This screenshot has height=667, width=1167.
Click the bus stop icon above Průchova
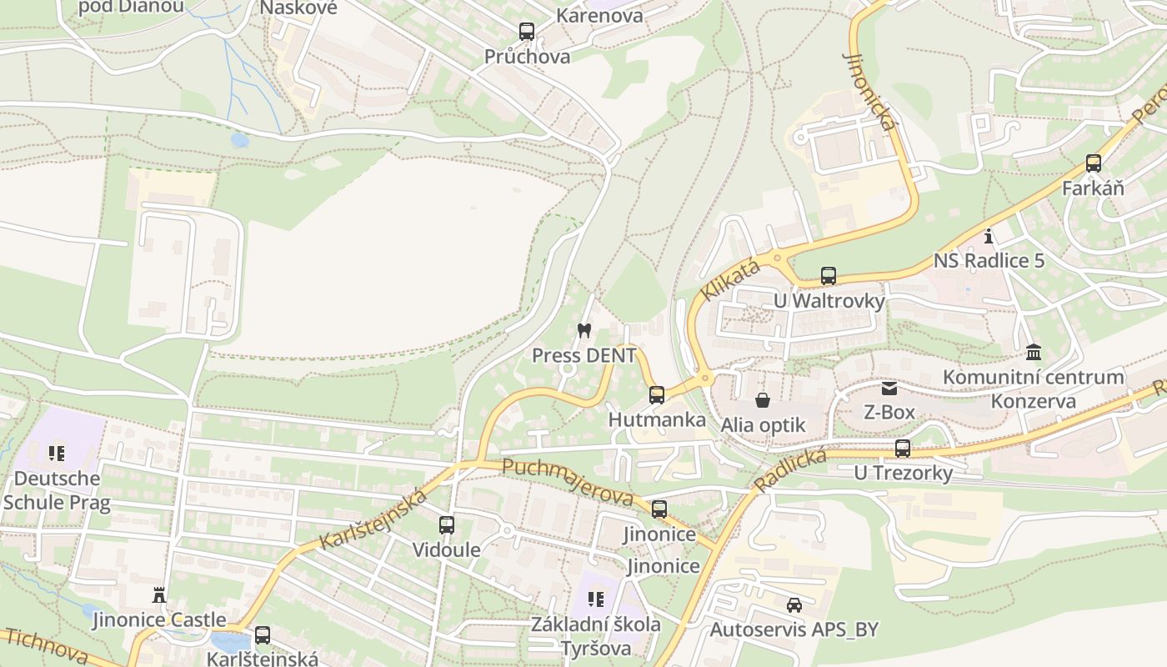pos(526,32)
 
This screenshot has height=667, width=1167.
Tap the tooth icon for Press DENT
pos(583,330)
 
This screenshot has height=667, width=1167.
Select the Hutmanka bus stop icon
pos(657,395)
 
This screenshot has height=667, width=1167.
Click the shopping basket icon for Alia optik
pos(762,400)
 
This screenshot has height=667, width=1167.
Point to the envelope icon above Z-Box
pos(889,388)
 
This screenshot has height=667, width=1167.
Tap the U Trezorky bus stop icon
pos(903,449)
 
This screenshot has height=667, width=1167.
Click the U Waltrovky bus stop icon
pos(828,275)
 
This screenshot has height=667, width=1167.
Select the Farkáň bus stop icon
pos(1093,163)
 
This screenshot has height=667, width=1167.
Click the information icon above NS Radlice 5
pos(989,236)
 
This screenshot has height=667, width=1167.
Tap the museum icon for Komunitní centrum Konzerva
pos(1034,352)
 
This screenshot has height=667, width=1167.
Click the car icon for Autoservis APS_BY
pos(794,604)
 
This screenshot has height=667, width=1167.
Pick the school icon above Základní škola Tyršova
pos(595,599)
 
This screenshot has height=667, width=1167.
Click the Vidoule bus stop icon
pos(447,525)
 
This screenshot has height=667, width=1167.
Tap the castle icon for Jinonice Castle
pos(158,594)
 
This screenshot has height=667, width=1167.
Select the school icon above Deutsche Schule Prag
pos(57,454)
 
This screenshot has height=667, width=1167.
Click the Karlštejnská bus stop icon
pos(263,635)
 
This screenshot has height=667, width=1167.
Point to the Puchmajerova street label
pos(568,483)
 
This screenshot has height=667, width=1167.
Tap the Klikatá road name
pos(730,280)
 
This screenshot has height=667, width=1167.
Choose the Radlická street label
pos(789,469)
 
